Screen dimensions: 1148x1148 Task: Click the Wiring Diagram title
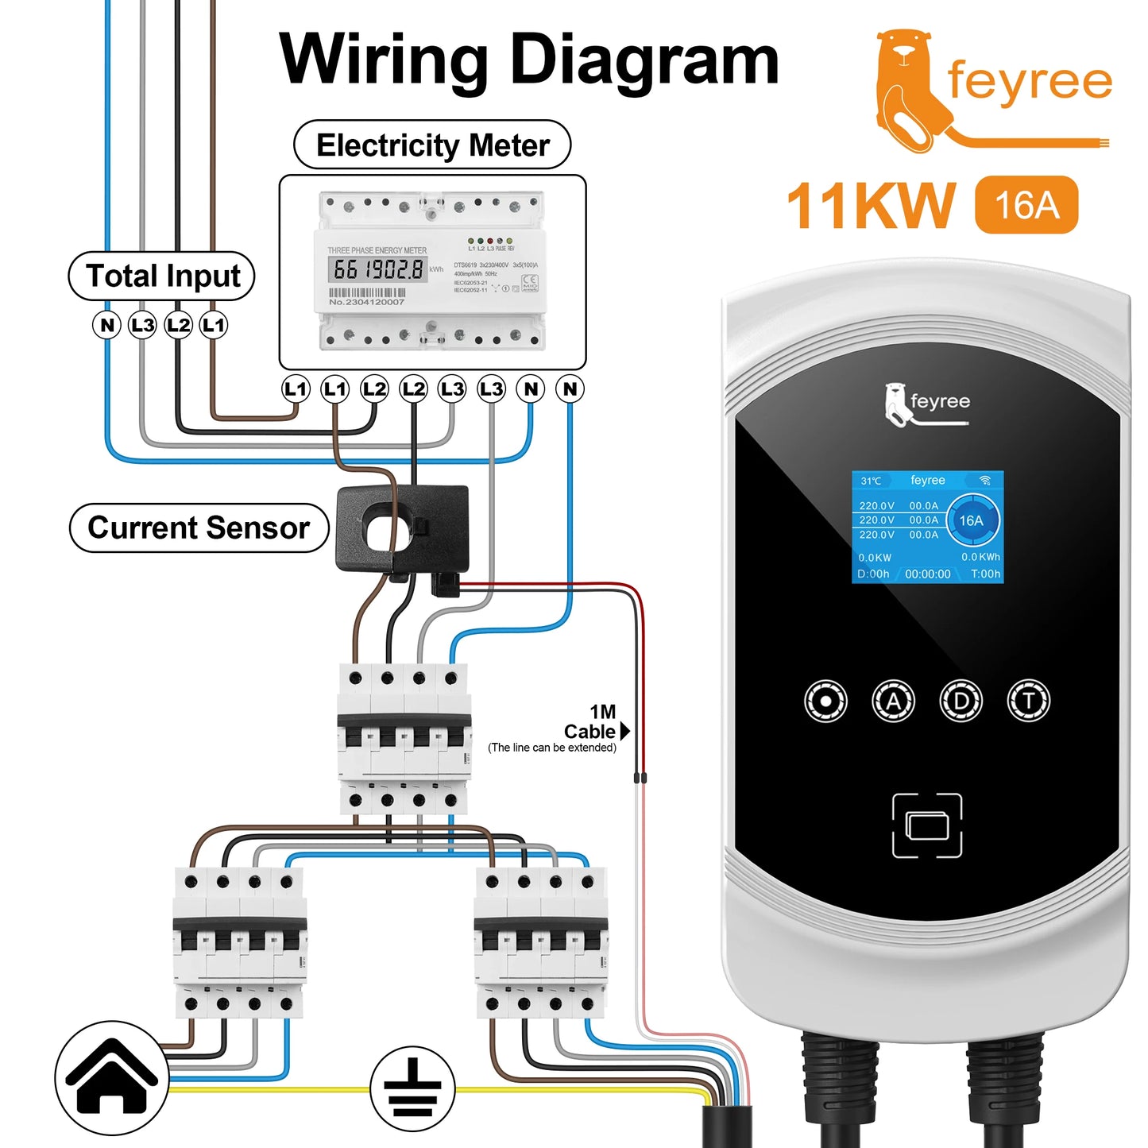point(529,60)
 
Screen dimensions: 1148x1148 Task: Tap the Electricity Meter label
point(432,145)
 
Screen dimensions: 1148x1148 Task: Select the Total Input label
point(162,276)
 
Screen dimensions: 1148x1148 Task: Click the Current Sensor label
point(199,528)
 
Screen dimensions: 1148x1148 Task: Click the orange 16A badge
point(1026,205)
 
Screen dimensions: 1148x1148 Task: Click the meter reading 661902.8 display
point(378,270)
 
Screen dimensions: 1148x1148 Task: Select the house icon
point(112,1078)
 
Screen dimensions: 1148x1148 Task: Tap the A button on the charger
point(893,701)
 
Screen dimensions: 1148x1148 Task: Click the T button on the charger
point(1028,701)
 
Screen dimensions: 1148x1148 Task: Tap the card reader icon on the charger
point(927,825)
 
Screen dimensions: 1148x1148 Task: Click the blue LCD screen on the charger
point(927,527)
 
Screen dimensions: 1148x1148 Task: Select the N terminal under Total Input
point(106,325)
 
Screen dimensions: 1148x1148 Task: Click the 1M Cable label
point(592,722)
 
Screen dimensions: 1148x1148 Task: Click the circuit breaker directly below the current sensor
point(404,740)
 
